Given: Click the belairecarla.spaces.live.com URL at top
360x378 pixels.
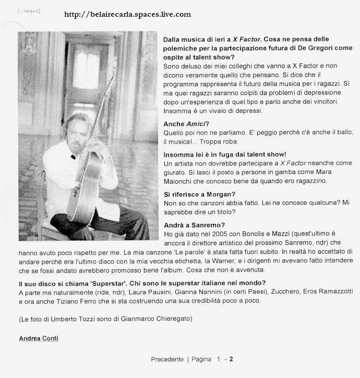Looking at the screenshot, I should point(128,14).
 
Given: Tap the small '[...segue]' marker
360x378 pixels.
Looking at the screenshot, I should point(29,10).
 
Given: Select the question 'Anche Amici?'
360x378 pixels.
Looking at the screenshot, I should point(186,124).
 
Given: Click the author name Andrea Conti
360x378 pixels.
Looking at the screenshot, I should point(39,338).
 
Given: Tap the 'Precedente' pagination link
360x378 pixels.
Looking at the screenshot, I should point(167,359).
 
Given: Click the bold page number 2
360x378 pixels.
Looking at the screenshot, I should point(231,359).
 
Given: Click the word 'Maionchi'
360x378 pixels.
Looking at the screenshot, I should point(182,181).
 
